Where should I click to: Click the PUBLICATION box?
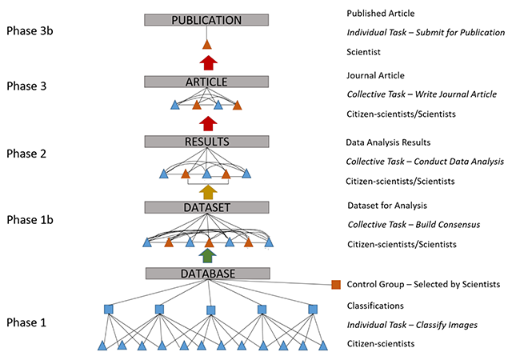pyautogui.click(x=206, y=20)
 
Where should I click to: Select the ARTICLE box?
pyautogui.click(x=206, y=82)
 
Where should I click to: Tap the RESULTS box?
pyautogui.click(x=206, y=142)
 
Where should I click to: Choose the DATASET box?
pyautogui.click(x=206, y=207)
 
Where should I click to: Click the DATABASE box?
pyautogui.click(x=206, y=274)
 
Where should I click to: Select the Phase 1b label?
pyautogui.click(x=33, y=218)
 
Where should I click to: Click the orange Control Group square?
pyautogui.click(x=336, y=284)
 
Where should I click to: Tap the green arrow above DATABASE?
pyautogui.click(x=207, y=256)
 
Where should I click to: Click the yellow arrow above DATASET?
pyautogui.click(x=207, y=190)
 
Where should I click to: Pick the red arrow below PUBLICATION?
pyautogui.click(x=207, y=62)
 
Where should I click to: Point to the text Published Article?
pyautogui.click(x=380, y=14)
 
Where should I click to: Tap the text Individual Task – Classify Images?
pyautogui.click(x=412, y=325)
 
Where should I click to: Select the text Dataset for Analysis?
pyautogui.click(x=386, y=205)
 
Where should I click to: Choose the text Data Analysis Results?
pyautogui.click(x=388, y=142)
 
